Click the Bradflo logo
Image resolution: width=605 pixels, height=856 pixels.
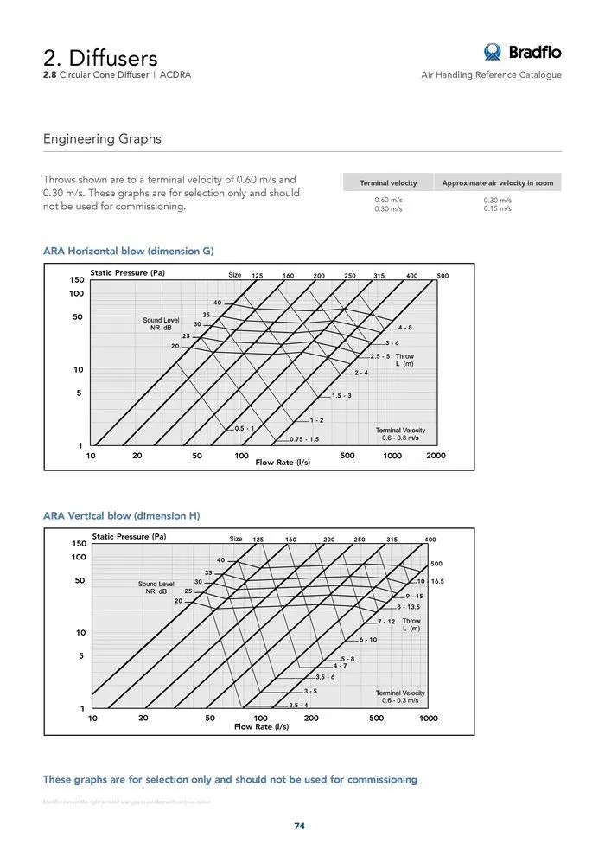click(x=522, y=52)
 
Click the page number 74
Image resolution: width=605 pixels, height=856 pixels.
click(x=299, y=826)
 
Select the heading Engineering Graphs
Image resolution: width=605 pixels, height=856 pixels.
click(x=102, y=139)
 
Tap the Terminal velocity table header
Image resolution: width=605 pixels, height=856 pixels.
click(x=388, y=183)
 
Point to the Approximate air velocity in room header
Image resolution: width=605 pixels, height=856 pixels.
click(x=497, y=183)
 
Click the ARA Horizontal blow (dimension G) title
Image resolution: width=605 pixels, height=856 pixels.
click(x=128, y=252)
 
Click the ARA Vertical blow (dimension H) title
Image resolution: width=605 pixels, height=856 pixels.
click(x=121, y=516)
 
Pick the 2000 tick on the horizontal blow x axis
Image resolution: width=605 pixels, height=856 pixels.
click(x=436, y=456)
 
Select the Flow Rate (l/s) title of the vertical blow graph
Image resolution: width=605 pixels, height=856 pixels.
click(x=261, y=727)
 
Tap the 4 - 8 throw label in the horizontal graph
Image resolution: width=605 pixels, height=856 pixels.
click(x=404, y=329)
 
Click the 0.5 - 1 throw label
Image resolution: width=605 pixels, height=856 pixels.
click(x=245, y=429)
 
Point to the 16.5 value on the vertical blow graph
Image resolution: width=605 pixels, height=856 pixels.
click(x=437, y=582)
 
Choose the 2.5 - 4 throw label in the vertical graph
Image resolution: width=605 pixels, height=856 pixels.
click(x=298, y=706)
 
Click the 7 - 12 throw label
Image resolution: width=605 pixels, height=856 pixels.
click(x=386, y=622)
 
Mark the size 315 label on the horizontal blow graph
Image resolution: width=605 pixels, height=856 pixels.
click(x=379, y=276)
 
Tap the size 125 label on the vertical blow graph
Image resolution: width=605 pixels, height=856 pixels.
click(x=258, y=540)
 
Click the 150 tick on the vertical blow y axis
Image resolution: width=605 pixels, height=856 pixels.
click(x=79, y=544)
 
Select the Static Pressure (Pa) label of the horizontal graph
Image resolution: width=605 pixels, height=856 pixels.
click(x=127, y=273)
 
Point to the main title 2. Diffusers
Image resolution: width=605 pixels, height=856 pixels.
click(x=100, y=58)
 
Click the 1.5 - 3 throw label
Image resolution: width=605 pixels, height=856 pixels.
click(x=341, y=396)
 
